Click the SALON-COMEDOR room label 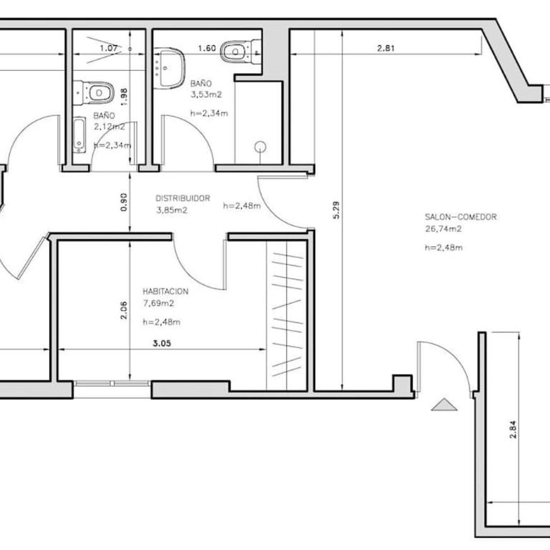pyautogui.click(x=460, y=217)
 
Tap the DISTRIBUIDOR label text pyautogui.click(x=183, y=198)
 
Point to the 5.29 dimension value pyautogui.click(x=336, y=210)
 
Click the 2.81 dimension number pyautogui.click(x=386, y=48)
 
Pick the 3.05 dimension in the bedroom pyautogui.click(x=162, y=344)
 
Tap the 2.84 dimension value pyautogui.click(x=513, y=430)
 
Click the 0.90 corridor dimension pyautogui.click(x=124, y=202)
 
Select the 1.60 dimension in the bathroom pyautogui.click(x=207, y=48)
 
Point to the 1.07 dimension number pyautogui.click(x=109, y=48)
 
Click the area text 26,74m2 pyautogui.click(x=443, y=229)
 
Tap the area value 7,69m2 pyautogui.click(x=158, y=304)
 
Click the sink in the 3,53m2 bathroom pyautogui.click(x=170, y=69)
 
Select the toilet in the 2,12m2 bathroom pyautogui.click(x=94, y=93)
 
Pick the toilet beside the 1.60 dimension pyautogui.click(x=241, y=52)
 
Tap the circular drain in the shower pyautogui.click(x=260, y=147)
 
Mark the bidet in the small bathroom pyautogui.click(x=79, y=135)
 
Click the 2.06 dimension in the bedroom pyautogui.click(x=124, y=310)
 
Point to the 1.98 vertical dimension pyautogui.click(x=124, y=97)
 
